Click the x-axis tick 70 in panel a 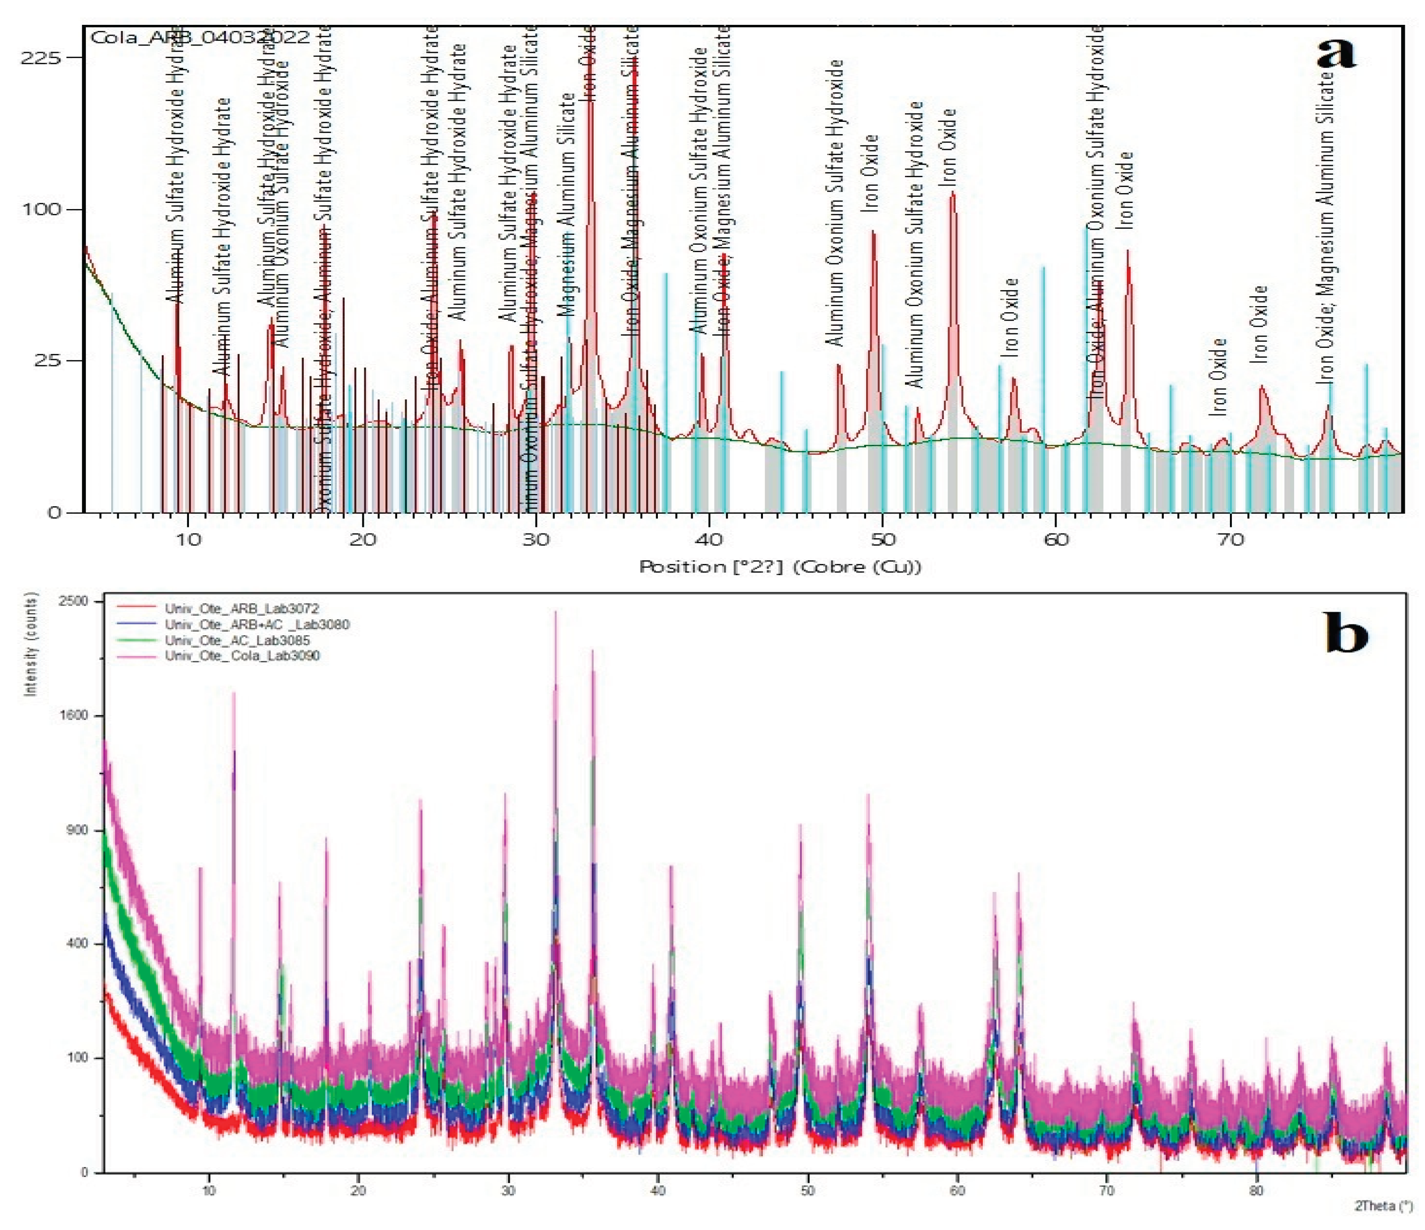point(1230,540)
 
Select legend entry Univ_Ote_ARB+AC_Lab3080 point(256,624)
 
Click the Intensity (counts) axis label point(30,645)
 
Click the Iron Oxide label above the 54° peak point(949,147)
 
